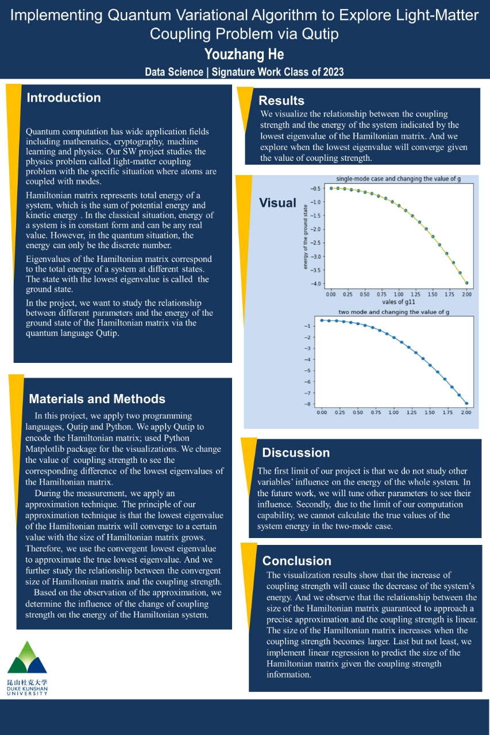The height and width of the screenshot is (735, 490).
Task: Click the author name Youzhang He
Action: click(244, 55)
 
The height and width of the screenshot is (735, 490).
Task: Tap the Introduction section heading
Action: click(64, 98)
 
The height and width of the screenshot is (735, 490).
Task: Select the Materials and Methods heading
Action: click(97, 399)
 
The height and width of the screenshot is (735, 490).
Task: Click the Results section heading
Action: click(281, 101)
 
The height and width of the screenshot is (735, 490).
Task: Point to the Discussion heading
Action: click(296, 452)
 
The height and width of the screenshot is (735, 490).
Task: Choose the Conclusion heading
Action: click(297, 561)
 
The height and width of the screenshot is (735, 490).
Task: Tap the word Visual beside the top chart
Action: click(277, 203)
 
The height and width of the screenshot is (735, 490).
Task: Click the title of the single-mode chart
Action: click(398, 179)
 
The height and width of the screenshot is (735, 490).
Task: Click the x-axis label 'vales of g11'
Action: click(398, 302)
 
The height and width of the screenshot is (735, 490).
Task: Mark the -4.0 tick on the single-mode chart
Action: click(315, 284)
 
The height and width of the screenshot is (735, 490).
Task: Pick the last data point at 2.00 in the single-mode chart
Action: click(466, 283)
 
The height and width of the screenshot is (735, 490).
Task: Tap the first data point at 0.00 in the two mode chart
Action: click(322, 320)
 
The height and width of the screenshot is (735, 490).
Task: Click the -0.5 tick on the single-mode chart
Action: click(315, 188)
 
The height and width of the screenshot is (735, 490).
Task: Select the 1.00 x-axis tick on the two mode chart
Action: click(393, 413)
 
